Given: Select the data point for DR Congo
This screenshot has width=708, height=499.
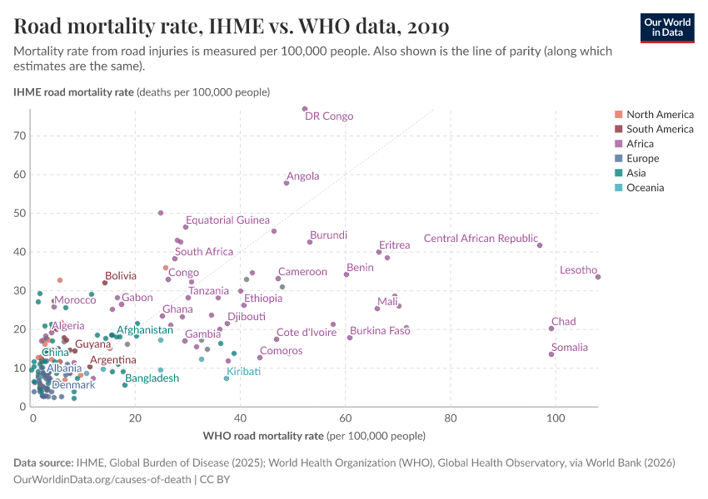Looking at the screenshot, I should pos(305,109).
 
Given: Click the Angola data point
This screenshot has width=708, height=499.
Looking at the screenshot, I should pos(287,183).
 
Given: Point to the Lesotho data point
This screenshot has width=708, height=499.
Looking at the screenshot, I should pos(598,277).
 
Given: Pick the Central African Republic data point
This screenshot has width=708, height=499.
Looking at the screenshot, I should pos(540,245).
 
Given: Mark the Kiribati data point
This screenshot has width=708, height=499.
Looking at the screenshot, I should pos(227,378).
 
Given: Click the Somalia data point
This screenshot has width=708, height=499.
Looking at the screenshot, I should pos(551,354).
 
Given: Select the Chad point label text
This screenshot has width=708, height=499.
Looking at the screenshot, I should pos(563,322).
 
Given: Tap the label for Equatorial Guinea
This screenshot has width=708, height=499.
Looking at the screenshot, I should pos(227,220).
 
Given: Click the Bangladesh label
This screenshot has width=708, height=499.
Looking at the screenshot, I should pos(152,378).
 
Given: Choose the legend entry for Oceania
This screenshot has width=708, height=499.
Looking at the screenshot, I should pos(645,188).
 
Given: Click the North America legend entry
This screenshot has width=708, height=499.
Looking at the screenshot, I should pos(659,114).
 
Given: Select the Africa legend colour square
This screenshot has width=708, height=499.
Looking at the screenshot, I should pos(618,144).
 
